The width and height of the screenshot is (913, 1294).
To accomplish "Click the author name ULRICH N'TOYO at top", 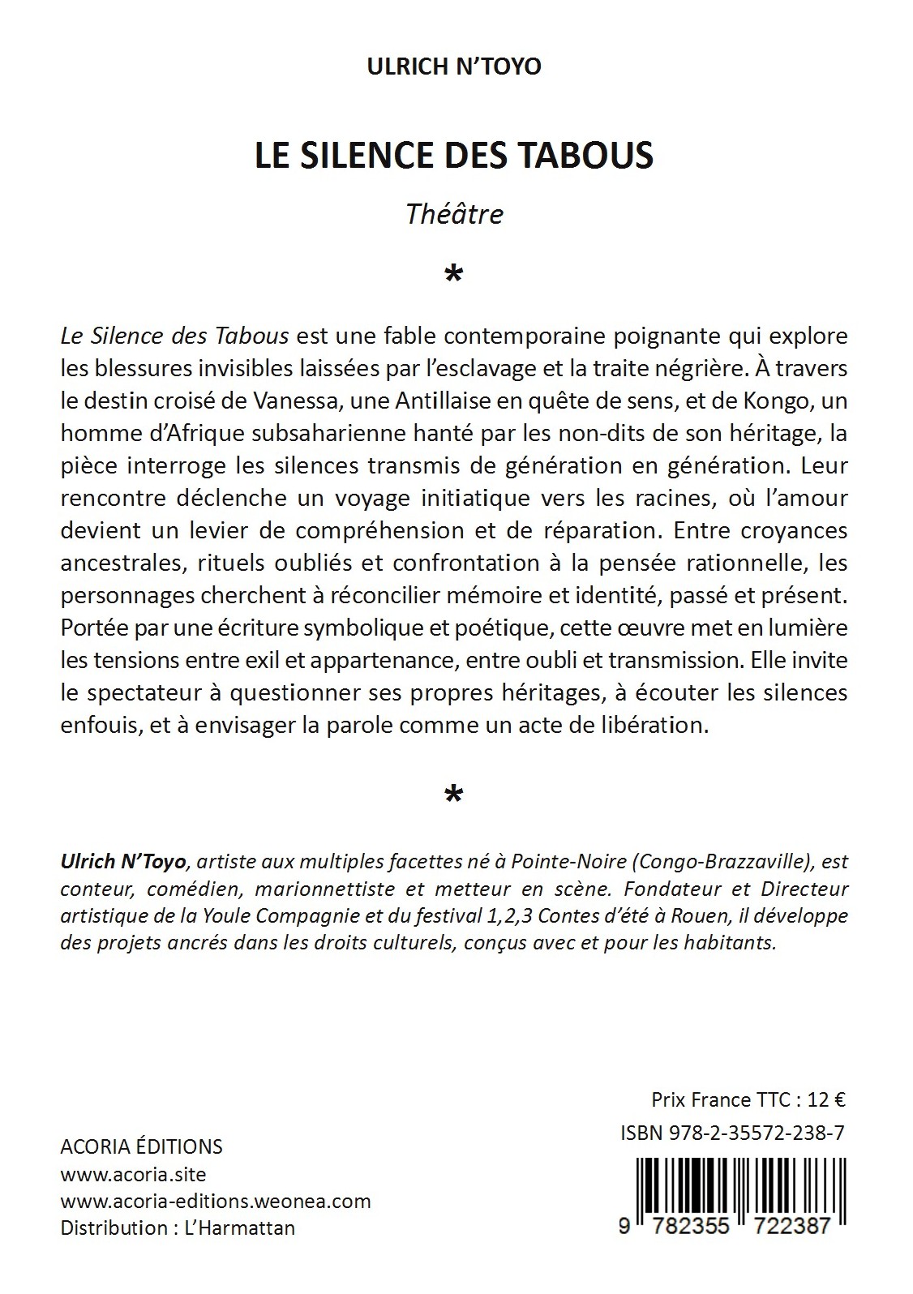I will coord(454,66).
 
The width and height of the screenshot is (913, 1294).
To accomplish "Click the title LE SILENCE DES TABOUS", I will coord(454,156).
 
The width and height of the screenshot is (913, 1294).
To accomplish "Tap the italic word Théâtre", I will coord(454,214).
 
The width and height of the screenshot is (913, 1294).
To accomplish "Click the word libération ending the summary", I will coord(654,725).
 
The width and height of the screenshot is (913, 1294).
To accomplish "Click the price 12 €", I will coord(827,1100).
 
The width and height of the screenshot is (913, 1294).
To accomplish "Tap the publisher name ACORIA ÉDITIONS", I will coord(142,1146).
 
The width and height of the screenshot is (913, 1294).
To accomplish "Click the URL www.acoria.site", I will coord(134,1174).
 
